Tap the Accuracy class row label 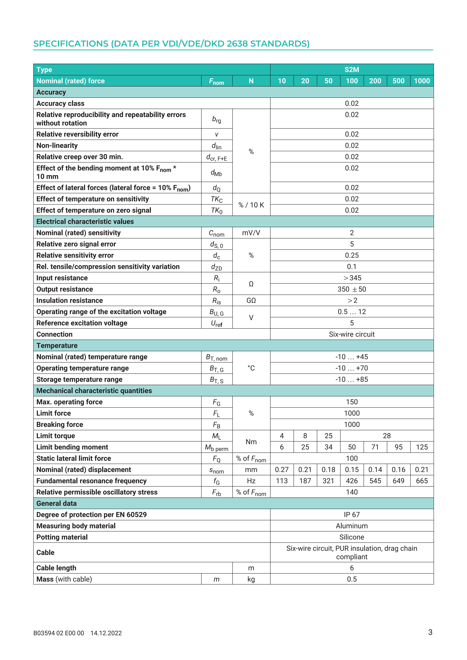[x=60, y=103]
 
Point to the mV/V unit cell [x=251, y=233]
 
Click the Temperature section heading [x=57, y=346]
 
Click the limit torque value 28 [x=387, y=436]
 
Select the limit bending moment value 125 [x=422, y=447]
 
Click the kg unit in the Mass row [x=251, y=579]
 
